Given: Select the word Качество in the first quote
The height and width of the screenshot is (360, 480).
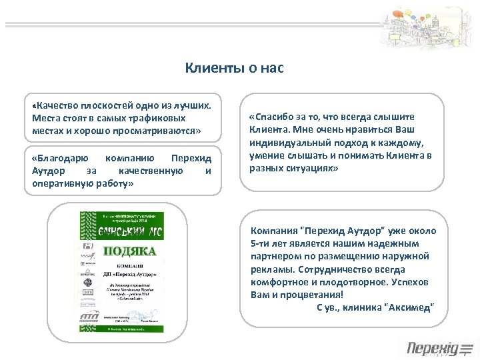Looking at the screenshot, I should [x=59, y=105].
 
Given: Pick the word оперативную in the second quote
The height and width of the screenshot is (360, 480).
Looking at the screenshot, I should [x=60, y=183].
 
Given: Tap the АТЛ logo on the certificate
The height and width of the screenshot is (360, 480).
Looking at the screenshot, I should [x=89, y=315].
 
